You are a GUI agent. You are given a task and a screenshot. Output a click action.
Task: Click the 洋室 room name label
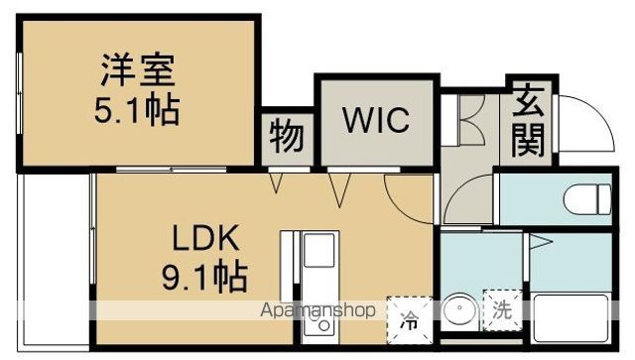137,73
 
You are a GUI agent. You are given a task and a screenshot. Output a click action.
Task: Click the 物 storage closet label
288,137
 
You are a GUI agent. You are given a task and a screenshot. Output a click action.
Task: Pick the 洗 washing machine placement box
501,308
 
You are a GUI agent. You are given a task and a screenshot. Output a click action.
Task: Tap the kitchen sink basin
320,262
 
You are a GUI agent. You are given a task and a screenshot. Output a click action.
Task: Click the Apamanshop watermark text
317,311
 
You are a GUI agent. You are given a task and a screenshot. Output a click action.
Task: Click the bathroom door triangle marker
541,242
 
